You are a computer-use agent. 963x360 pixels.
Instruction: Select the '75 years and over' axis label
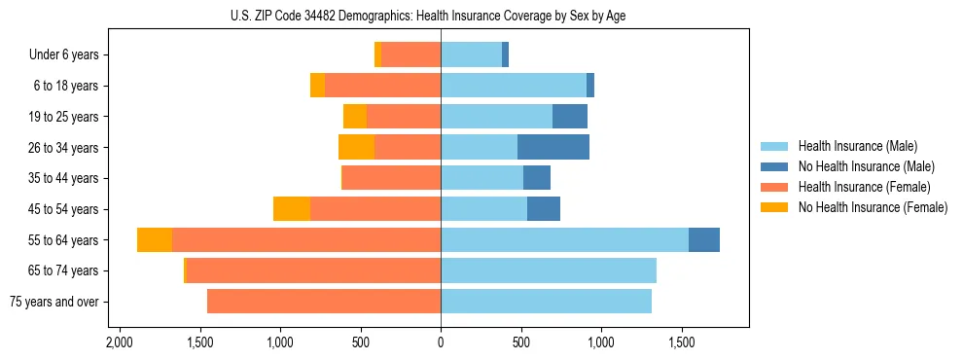click(x=54, y=302)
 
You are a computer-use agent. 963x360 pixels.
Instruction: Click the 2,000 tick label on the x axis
click(x=120, y=342)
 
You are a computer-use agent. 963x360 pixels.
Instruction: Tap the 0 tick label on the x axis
click(x=441, y=342)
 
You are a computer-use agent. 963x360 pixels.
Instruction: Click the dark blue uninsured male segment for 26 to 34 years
click(x=553, y=147)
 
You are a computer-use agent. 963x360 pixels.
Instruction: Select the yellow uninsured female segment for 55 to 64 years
click(x=155, y=240)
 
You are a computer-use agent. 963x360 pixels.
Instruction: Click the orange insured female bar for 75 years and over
click(x=324, y=302)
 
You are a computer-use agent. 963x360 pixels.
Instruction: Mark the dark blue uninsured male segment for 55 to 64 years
click(x=704, y=240)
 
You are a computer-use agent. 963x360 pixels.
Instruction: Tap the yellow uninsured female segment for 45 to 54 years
click(x=292, y=209)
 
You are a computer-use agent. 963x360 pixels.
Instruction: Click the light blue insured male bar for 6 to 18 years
click(x=514, y=86)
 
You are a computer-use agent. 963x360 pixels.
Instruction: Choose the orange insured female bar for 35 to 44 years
click(x=392, y=178)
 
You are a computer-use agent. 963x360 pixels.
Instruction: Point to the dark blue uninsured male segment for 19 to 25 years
click(x=570, y=117)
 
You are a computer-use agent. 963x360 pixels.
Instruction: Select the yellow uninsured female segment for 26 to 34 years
click(x=356, y=147)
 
